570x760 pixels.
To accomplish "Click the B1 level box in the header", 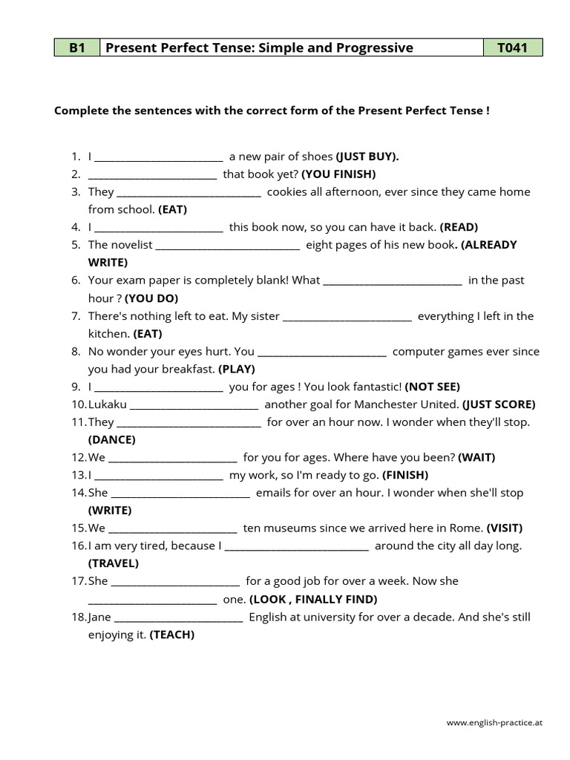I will [77, 48].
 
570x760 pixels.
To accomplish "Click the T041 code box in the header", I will [512, 48].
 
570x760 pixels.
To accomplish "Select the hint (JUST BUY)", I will [367, 157].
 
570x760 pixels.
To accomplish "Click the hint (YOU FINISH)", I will [338, 174].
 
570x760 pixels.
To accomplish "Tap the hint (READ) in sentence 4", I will [459, 227].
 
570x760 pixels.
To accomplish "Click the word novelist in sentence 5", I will [131, 245].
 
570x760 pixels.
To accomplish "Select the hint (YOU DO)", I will [151, 298].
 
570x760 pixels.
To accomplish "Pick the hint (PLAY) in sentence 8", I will [237, 369].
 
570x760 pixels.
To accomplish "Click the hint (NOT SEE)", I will [432, 387].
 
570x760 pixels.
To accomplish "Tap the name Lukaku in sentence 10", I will [108, 404].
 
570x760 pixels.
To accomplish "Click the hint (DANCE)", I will [112, 440].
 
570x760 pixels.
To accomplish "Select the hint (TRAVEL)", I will [114, 563].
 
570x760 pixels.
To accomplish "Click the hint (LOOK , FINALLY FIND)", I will [313, 599].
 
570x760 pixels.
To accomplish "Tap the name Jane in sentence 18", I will [100, 617].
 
